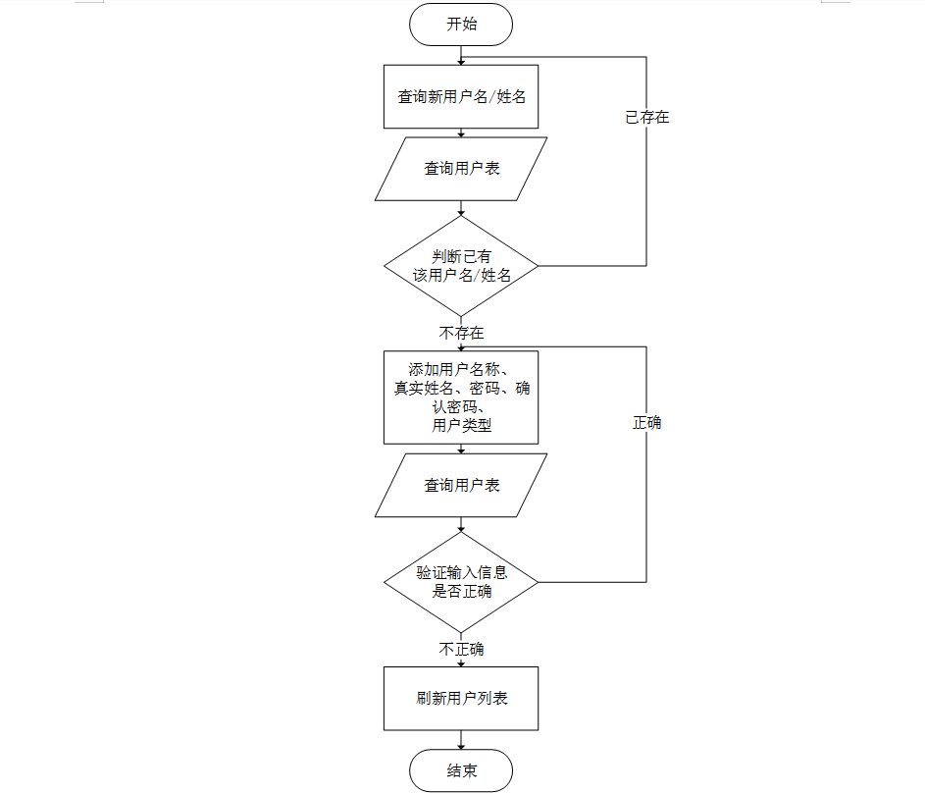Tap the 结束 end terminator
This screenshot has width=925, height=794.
(x=461, y=771)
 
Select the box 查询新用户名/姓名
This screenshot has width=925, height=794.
(x=461, y=97)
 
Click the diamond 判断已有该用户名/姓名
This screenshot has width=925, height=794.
(x=461, y=266)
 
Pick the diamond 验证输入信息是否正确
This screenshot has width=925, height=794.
(x=461, y=582)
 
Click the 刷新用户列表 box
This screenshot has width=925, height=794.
(x=461, y=699)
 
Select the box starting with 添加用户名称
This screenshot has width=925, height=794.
(x=461, y=397)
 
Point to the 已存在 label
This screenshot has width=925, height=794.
(x=647, y=118)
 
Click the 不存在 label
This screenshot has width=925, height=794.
(x=461, y=334)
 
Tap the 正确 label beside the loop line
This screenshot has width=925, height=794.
(x=647, y=423)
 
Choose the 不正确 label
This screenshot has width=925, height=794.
(x=461, y=650)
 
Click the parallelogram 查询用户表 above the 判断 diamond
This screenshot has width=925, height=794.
(x=461, y=169)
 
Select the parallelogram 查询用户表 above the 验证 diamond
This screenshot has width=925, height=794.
(x=461, y=485)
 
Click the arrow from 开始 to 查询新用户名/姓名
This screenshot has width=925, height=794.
(x=461, y=55)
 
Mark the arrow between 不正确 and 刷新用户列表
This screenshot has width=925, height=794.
(x=461, y=662)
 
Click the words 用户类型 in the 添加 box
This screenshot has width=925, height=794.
(x=461, y=426)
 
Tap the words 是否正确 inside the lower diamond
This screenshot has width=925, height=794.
(x=462, y=592)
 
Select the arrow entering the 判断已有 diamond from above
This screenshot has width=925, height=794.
(x=461, y=209)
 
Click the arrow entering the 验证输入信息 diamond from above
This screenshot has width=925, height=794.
(x=461, y=525)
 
